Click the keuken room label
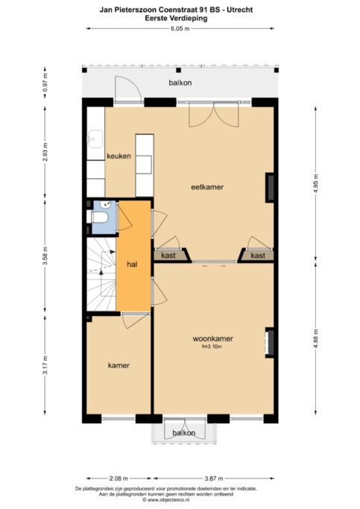click(x=119, y=156)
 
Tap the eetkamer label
click(x=207, y=187)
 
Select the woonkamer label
click(x=213, y=338)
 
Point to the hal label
click(x=132, y=265)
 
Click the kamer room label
click(x=119, y=365)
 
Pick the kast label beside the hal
click(x=168, y=256)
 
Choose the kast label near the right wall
click(x=258, y=256)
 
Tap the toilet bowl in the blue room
click(x=99, y=217)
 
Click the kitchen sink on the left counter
click(x=95, y=139)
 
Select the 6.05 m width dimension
click(x=180, y=28)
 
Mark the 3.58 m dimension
click(x=45, y=256)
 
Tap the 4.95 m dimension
click(x=316, y=183)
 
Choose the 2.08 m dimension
click(x=119, y=478)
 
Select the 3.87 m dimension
click(x=214, y=478)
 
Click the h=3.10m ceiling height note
click(x=212, y=347)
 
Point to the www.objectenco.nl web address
click(x=166, y=500)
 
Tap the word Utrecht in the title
click(x=240, y=10)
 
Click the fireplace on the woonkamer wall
click(x=269, y=343)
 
